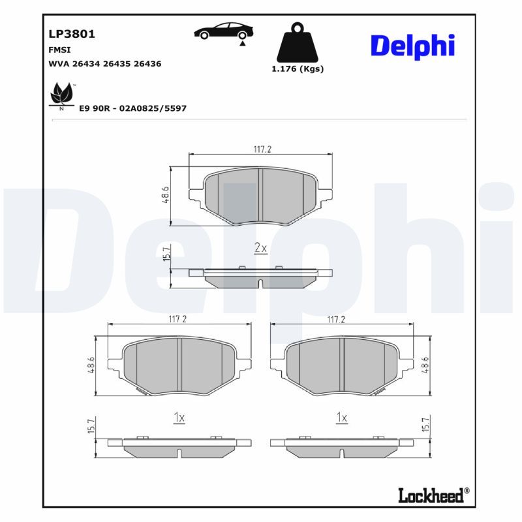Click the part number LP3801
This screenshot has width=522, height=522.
pyautogui.click(x=67, y=34)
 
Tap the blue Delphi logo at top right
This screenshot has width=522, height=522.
pyautogui.click(x=412, y=46)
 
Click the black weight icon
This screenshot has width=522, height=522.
pyautogui.click(x=297, y=43)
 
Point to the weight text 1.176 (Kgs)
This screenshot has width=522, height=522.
pyautogui.click(x=297, y=69)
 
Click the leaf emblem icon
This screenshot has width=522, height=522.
pyautogui.click(x=61, y=95)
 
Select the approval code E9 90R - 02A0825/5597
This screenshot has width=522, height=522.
pyautogui.click(x=132, y=108)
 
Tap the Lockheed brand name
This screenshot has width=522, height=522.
pyautogui.click(x=433, y=495)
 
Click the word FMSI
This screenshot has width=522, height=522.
pyautogui.click(x=59, y=50)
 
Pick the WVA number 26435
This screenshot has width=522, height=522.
pyautogui.click(x=119, y=64)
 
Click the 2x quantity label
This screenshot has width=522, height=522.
pyautogui.click(x=260, y=248)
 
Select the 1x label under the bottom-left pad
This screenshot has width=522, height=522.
pyautogui.click(x=179, y=418)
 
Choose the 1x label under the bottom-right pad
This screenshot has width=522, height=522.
pyautogui.click(x=341, y=418)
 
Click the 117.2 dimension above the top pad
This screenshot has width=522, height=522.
pyautogui.click(x=262, y=149)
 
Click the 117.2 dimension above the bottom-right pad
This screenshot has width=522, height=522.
pyautogui.click(x=335, y=320)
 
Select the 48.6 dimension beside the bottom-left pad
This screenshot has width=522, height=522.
pyautogui.click(x=91, y=367)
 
